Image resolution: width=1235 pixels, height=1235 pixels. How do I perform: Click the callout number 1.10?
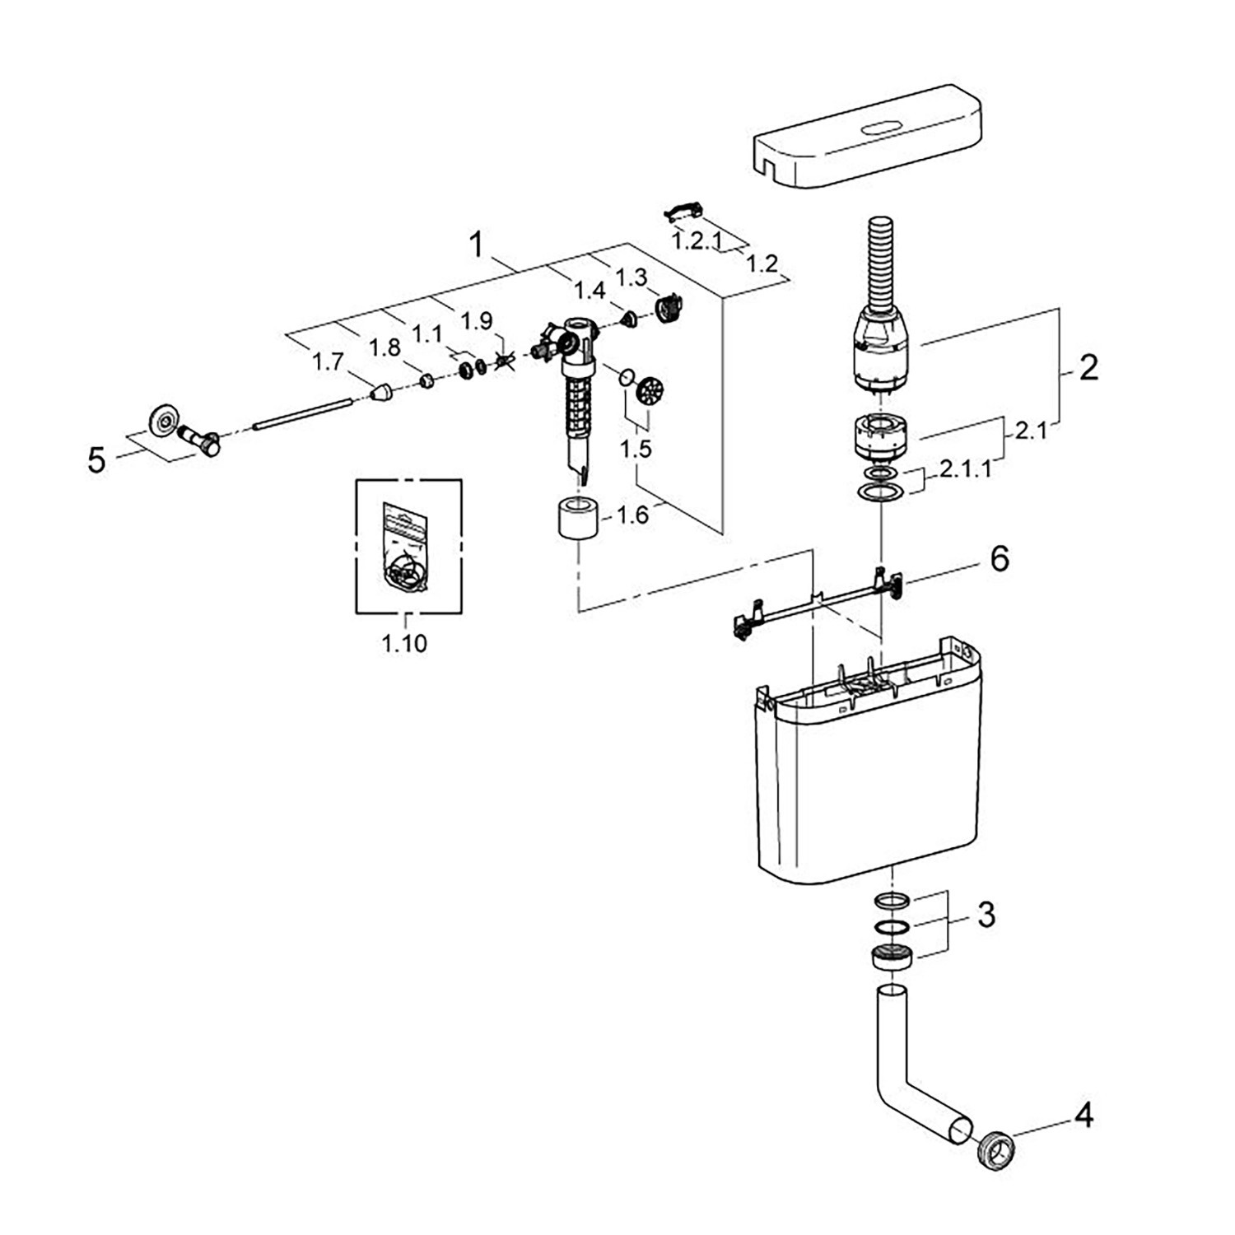pyautogui.click(x=404, y=643)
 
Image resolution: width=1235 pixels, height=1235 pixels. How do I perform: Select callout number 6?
pyautogui.click(x=999, y=559)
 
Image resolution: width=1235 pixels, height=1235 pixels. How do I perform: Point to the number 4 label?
pyautogui.click(x=1084, y=1116)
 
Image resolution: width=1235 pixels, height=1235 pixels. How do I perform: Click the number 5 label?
pyautogui.click(x=97, y=460)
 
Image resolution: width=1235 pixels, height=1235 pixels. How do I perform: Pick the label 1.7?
pyautogui.click(x=328, y=361)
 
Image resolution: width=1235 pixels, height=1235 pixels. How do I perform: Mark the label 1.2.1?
pyautogui.click(x=697, y=241)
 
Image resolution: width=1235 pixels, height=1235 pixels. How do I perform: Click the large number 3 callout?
pyautogui.click(x=986, y=914)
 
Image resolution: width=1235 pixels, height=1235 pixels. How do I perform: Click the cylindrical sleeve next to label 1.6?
pyautogui.click(x=576, y=518)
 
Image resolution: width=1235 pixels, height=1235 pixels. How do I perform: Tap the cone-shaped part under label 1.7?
pyautogui.click(x=380, y=393)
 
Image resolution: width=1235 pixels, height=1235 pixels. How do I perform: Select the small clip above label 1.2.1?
pyautogui.click(x=681, y=212)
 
